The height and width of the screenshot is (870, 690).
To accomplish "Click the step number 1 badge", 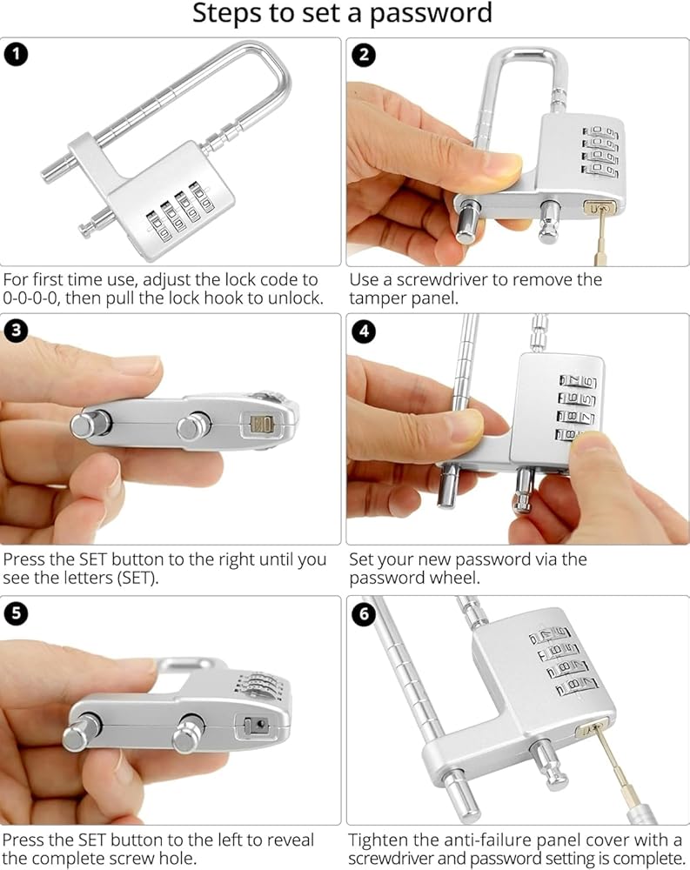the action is pyautogui.click(x=16, y=54).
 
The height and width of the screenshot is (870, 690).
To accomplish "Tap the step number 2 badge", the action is pyautogui.click(x=364, y=55).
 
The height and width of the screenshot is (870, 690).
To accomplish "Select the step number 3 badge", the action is pyautogui.click(x=16, y=330).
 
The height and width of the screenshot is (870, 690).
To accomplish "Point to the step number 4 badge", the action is pyautogui.click(x=364, y=331).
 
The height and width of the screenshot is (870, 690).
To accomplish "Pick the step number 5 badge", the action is pyautogui.click(x=16, y=613).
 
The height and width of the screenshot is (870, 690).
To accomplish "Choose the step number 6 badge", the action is pyautogui.click(x=364, y=614).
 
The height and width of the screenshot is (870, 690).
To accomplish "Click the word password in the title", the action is pyautogui.click(x=431, y=13).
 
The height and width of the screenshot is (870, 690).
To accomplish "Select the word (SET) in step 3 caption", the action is pyautogui.click(x=137, y=579).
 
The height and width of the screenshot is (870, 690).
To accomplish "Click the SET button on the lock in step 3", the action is pyautogui.click(x=261, y=425).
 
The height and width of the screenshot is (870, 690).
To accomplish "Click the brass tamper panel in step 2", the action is pyautogui.click(x=599, y=209).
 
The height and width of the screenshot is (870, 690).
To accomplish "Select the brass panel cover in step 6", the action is pyautogui.click(x=591, y=729).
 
